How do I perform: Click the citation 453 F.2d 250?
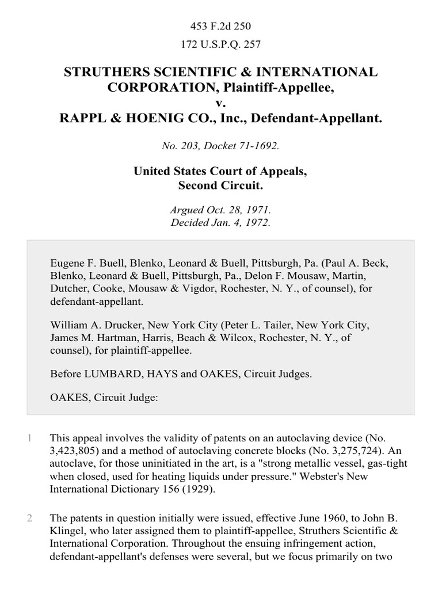click(221, 26)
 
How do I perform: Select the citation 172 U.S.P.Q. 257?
click(221, 44)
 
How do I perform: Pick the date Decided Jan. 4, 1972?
click(221, 222)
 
